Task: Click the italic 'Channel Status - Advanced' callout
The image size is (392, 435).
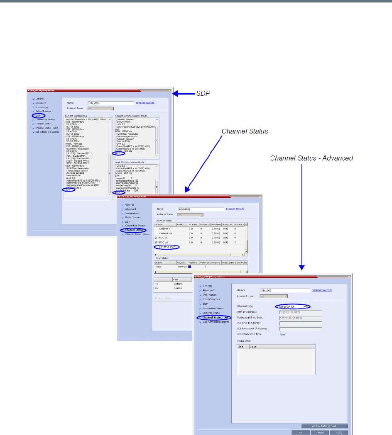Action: click(x=311, y=158)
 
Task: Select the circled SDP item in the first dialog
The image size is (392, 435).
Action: click(x=37, y=116)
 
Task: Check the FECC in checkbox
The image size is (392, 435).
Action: click(x=156, y=238)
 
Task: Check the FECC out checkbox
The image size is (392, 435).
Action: click(x=156, y=242)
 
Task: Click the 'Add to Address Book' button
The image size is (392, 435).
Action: click(x=324, y=426)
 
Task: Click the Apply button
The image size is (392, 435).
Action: click(x=338, y=432)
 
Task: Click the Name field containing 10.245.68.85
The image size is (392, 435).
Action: click(x=200, y=209)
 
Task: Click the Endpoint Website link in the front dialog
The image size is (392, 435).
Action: click(x=322, y=290)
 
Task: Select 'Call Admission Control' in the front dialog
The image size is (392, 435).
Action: click(x=216, y=322)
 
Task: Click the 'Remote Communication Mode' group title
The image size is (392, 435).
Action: click(x=131, y=116)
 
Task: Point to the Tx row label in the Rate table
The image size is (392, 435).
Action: click(x=157, y=284)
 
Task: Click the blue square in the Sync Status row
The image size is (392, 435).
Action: click(x=190, y=267)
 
